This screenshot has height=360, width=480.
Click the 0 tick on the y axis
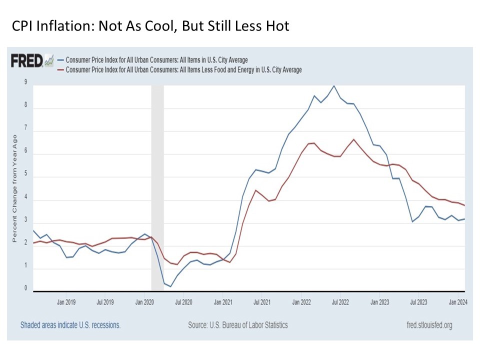(x=25, y=288)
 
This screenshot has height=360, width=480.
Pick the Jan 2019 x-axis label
(x=66, y=302)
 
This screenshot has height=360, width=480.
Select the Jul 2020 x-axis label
(x=183, y=302)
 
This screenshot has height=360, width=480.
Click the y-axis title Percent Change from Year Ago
(x=15, y=188)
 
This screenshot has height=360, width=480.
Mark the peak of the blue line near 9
(x=334, y=85)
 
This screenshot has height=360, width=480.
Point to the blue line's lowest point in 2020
(x=170, y=286)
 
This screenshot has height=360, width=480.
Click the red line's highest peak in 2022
(x=353, y=139)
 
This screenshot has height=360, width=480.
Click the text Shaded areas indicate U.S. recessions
(x=70, y=325)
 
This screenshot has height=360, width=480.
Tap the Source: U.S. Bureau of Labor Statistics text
(x=238, y=325)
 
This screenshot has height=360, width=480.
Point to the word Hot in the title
(x=277, y=26)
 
